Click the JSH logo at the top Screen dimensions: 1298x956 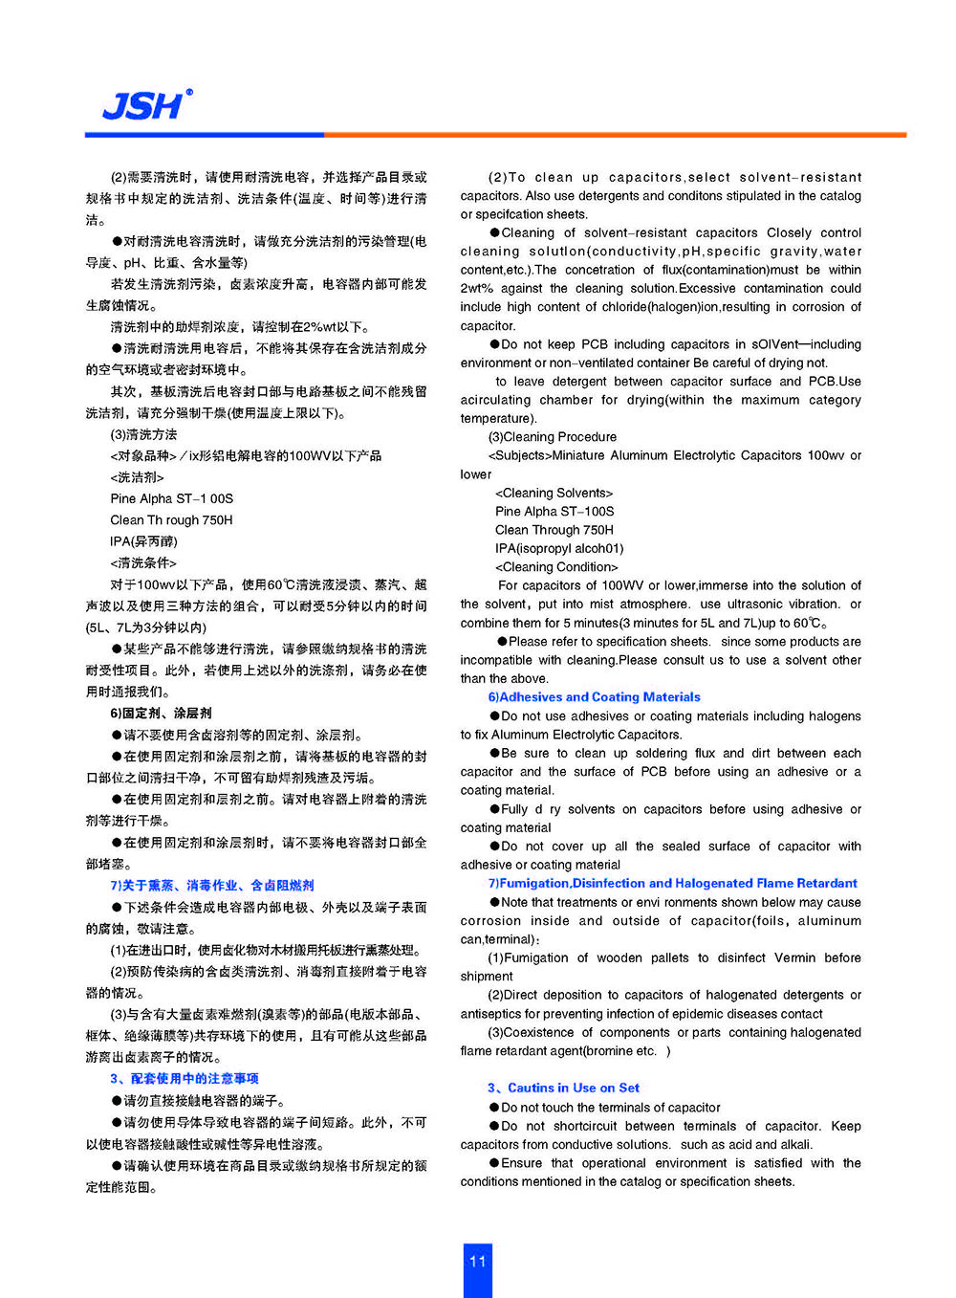click(146, 104)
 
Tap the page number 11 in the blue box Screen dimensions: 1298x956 click(478, 1262)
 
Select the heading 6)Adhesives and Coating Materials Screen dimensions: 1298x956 click(594, 697)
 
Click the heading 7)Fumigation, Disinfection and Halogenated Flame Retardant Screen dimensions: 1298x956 click(672, 883)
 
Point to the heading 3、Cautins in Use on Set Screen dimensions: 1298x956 click(563, 1088)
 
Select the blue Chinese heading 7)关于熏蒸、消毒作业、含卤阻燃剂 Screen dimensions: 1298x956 click(211, 886)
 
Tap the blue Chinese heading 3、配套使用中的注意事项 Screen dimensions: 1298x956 click(184, 1078)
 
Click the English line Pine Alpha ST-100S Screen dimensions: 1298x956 click(554, 512)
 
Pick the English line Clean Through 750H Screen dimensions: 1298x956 click(554, 530)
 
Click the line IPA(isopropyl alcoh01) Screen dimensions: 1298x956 click(559, 548)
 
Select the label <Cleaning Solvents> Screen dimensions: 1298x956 click(554, 493)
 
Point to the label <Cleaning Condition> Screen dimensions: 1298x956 click(556, 567)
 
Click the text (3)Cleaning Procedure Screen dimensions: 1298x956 click(553, 437)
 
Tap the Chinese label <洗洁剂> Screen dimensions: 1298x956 click(137, 477)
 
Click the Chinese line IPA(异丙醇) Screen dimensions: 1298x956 click(143, 541)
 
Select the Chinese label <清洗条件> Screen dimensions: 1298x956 click(143, 563)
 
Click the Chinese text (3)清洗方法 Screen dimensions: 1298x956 click(143, 434)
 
